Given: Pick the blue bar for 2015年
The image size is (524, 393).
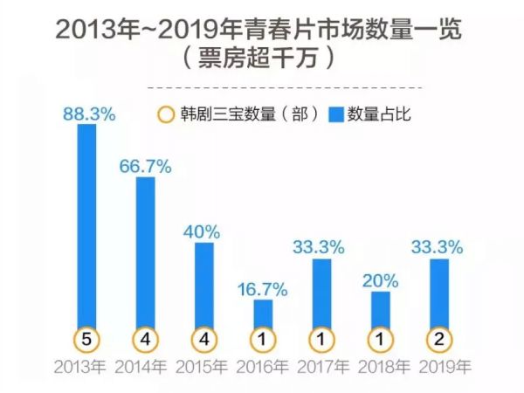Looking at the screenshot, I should [x=203, y=284].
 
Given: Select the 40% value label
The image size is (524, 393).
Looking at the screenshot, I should [x=203, y=231].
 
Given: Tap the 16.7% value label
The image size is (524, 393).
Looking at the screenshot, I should [x=263, y=289].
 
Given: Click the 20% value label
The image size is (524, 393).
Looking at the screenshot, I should [x=381, y=281].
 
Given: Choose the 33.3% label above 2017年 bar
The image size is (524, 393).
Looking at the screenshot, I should [x=322, y=248].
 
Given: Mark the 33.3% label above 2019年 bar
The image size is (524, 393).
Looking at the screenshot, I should [x=440, y=248].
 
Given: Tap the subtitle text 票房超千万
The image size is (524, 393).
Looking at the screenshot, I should [x=263, y=61].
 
